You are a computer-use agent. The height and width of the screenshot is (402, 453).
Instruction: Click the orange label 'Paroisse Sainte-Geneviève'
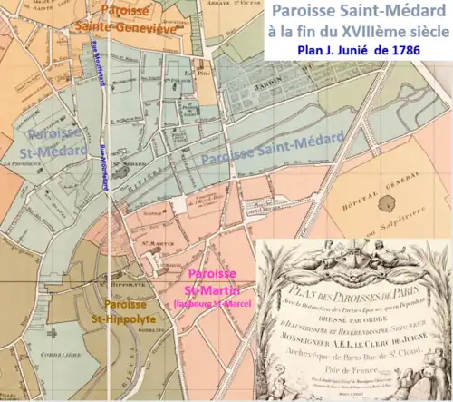pos(131,18)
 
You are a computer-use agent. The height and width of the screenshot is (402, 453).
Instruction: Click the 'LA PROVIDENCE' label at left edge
pos(18,163)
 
